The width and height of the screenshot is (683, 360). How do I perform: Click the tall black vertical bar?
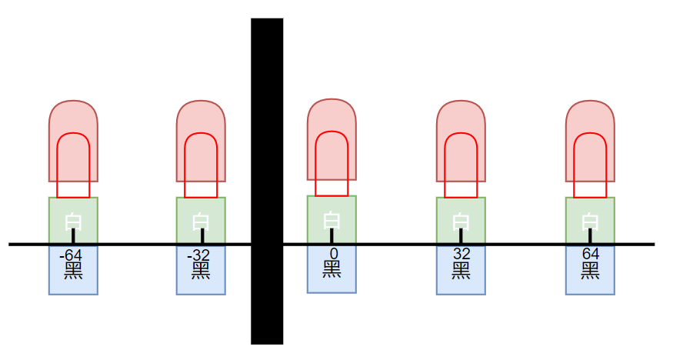tap(267, 181)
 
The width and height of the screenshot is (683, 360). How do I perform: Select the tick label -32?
tap(199, 255)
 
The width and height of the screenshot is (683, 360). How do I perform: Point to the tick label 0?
tap(333, 253)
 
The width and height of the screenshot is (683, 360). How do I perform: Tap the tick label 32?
tap(461, 255)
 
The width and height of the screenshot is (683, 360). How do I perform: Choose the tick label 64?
tap(590, 255)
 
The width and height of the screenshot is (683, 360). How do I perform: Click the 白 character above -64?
tap(73, 221)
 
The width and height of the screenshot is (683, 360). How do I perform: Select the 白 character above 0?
tap(332, 219)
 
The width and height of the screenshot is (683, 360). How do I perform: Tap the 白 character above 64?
tap(590, 221)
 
